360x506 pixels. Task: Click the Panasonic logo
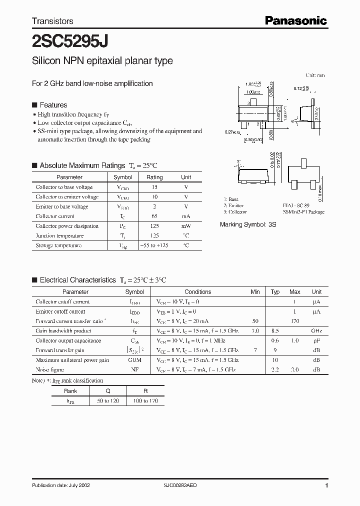point(295,20)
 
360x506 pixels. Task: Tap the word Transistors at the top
point(52,21)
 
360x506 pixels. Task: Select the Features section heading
point(53,105)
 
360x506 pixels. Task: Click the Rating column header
point(154,177)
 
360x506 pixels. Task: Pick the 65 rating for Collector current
point(154,216)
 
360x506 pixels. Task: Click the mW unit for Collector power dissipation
point(186,226)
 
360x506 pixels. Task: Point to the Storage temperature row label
point(58,245)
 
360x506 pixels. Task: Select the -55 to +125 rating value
point(154,245)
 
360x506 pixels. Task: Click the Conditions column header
point(198,292)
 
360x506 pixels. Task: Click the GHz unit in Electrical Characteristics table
point(316,331)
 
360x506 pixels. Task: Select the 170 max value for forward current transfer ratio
point(295,321)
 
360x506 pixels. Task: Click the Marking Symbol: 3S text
point(248,225)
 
